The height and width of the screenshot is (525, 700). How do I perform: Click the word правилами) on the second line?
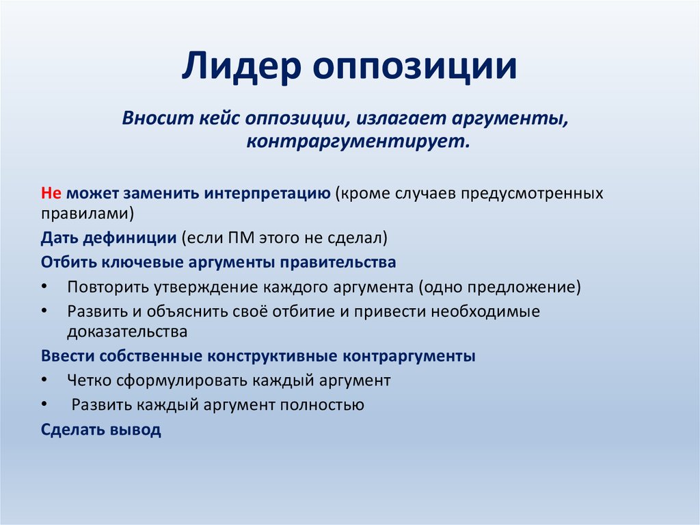click(x=87, y=213)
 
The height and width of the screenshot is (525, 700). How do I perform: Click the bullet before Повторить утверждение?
click(x=45, y=287)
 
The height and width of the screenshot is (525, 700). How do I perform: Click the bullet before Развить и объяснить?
click(x=45, y=311)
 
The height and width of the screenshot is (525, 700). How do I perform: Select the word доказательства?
click(x=127, y=332)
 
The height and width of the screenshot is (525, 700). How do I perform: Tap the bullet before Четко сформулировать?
click(x=45, y=380)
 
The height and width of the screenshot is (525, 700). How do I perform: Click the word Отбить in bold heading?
click(x=68, y=262)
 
